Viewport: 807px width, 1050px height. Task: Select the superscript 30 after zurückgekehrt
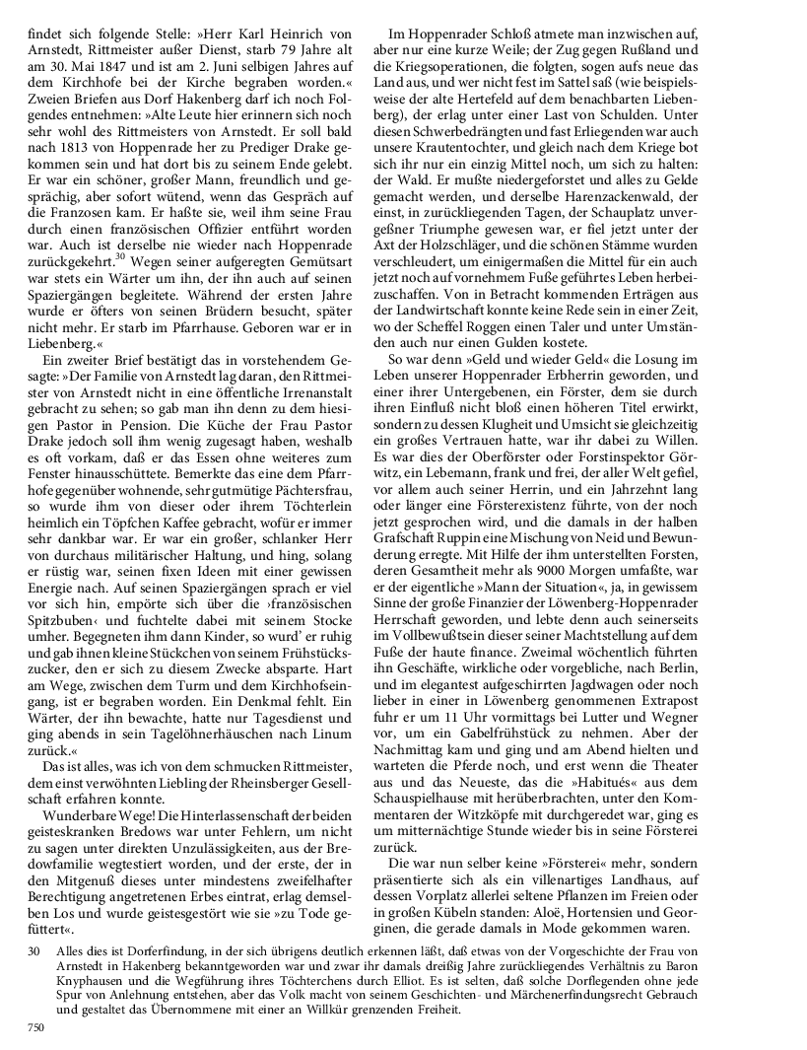(x=121, y=255)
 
